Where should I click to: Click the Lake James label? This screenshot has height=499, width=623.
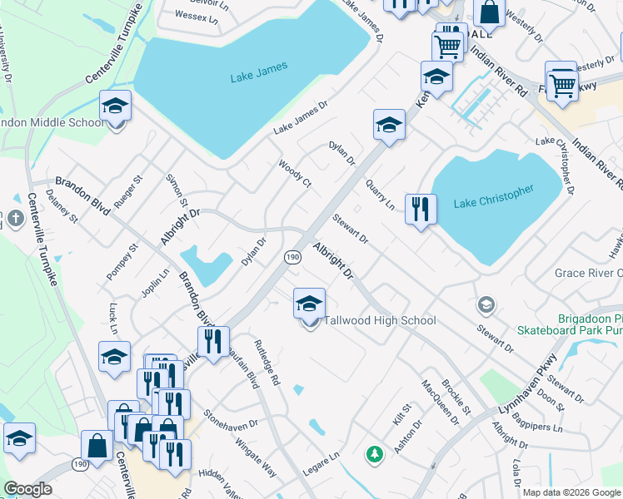pyautogui.click(x=259, y=67)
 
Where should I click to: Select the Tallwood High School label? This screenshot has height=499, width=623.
pyautogui.click(x=380, y=320)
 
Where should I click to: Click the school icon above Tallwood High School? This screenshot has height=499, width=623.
pyautogui.click(x=309, y=303)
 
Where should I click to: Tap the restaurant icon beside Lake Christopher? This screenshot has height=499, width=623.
pyautogui.click(x=421, y=208)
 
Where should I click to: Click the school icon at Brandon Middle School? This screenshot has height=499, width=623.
pyautogui.click(x=116, y=106)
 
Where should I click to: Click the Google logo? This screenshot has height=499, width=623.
pyautogui.click(x=28, y=489)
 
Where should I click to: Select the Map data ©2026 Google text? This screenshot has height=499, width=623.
pyautogui.click(x=571, y=492)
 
